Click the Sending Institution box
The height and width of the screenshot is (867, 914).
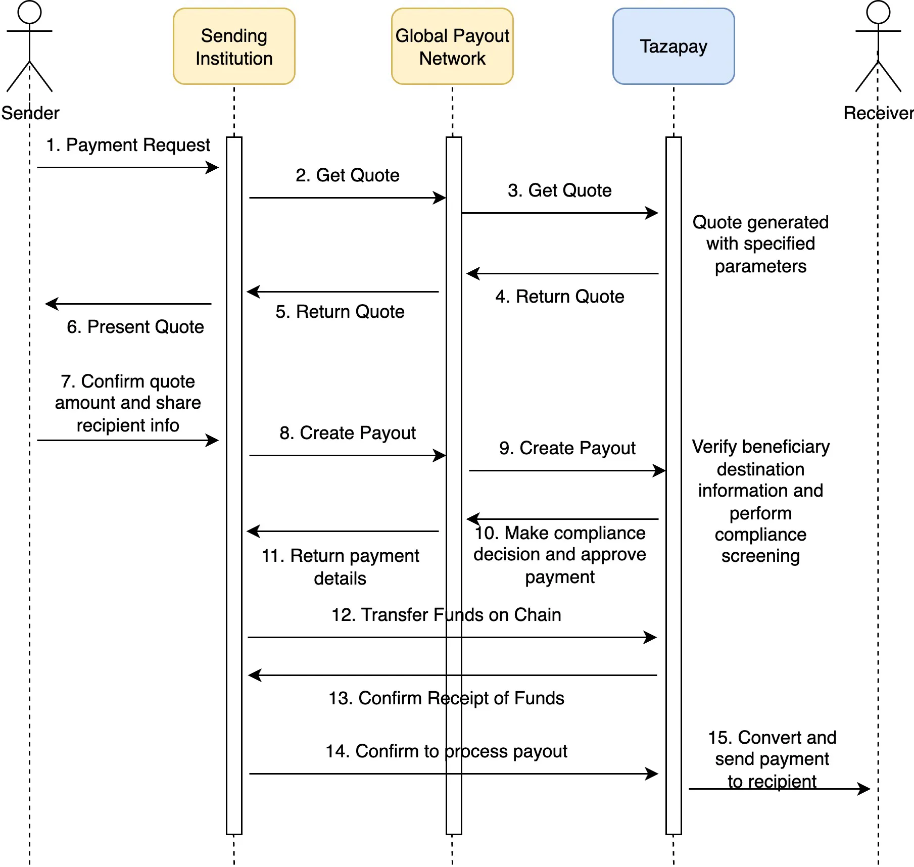234,46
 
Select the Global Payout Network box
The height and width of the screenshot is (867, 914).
452,46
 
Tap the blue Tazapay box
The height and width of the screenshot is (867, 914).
673,46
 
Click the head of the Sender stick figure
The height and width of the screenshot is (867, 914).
29,12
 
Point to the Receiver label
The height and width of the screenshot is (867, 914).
878,113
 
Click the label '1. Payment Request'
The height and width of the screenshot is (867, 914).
128,145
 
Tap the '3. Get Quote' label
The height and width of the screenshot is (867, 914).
559,190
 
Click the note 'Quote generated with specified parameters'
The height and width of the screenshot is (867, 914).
760,244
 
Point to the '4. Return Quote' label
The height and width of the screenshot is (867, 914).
559,297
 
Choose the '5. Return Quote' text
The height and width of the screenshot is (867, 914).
340,312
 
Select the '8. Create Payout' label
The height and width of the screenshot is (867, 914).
348,433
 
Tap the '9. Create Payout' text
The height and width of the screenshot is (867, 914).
567,448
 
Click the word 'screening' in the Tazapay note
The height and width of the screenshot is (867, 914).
760,556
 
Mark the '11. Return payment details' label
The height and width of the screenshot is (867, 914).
340,567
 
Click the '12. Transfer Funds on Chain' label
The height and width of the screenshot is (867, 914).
446,615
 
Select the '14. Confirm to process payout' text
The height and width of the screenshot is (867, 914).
446,751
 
